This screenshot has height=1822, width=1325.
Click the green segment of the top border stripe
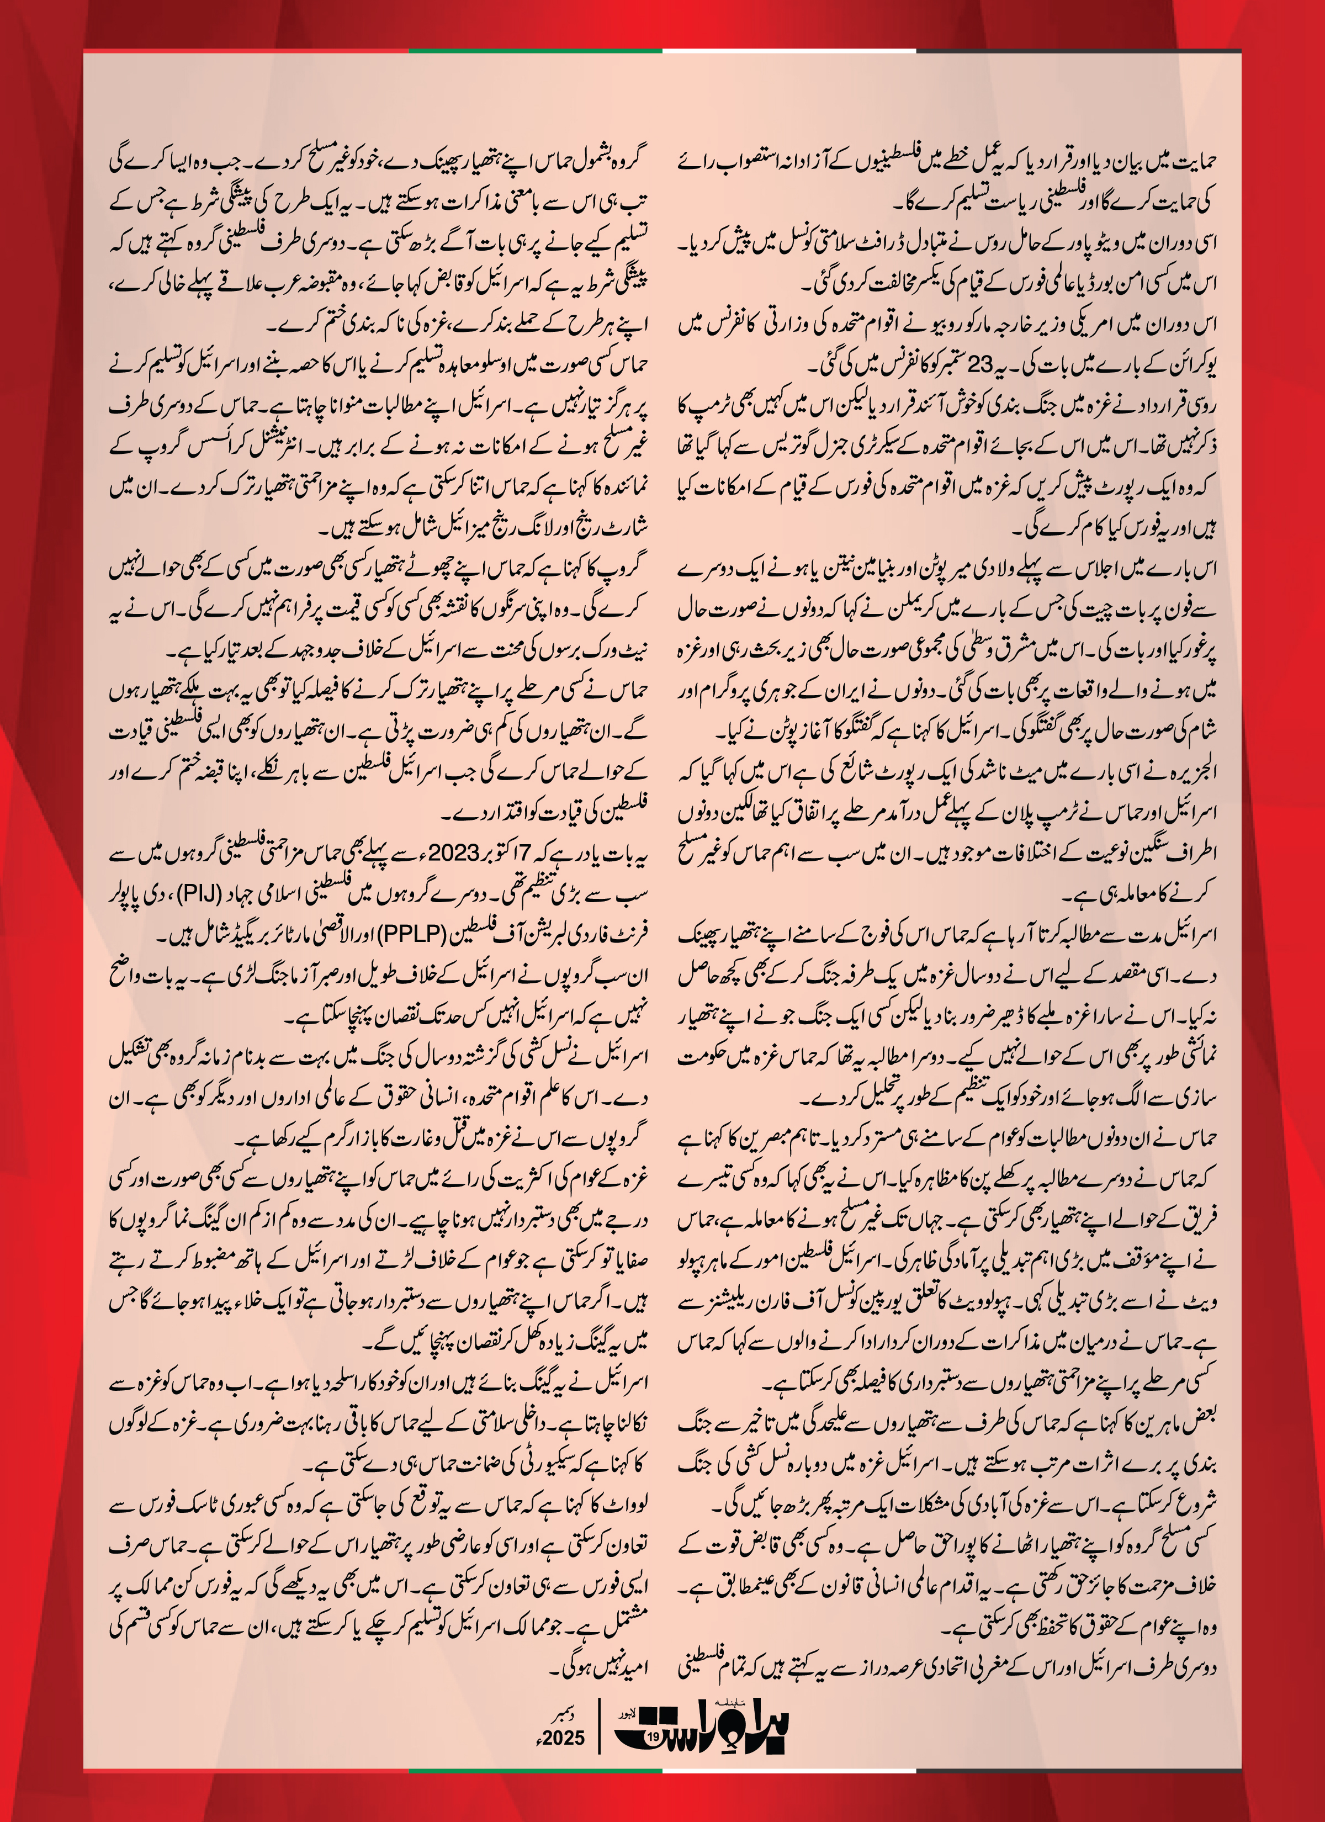535,51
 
